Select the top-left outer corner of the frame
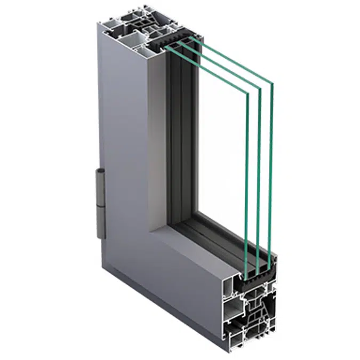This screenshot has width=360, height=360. pyautogui.click(x=98, y=24)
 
